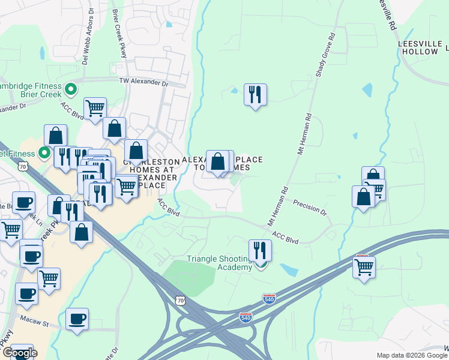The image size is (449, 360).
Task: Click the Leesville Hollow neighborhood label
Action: pos(418,48)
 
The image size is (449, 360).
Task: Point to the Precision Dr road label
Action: pos(310,208)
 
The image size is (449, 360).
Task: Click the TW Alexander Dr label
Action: pos(145,82)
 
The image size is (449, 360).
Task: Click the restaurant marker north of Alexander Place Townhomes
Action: pos(256,95)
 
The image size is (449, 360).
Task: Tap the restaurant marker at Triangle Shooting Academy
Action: pos(260,251)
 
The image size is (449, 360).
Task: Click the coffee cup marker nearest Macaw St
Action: pos(77,319)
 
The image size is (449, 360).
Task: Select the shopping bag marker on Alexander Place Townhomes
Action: pos(218,161)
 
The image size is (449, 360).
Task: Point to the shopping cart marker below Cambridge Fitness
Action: pos(95,109)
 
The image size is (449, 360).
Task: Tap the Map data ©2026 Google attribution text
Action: pos(411,355)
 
